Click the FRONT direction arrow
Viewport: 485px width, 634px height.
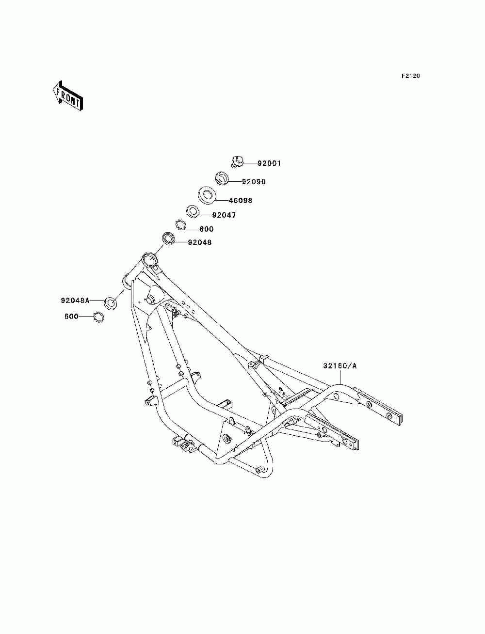67,95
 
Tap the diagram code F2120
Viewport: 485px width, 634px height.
410,76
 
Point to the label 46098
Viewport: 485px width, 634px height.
241,200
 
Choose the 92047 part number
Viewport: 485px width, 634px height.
224,215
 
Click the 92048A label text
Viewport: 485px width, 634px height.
75,301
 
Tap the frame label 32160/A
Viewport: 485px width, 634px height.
340,366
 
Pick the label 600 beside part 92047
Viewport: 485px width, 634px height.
207,229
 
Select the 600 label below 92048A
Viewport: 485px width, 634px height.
71,317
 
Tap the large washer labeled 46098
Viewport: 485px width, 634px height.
207,196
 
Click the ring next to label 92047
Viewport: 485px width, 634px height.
193,212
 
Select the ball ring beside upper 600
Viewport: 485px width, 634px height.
180,225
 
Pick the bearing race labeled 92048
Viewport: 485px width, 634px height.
168,239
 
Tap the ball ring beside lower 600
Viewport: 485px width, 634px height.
99,317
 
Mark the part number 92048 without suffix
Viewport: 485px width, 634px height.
200,242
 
